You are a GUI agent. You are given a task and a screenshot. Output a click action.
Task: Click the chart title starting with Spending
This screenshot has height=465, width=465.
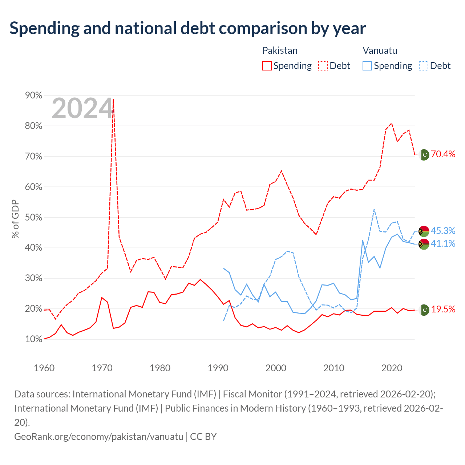(187, 28)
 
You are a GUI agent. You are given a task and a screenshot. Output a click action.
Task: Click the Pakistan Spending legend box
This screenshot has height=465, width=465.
(267, 66)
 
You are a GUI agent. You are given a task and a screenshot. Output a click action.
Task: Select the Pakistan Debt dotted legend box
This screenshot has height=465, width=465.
(323, 66)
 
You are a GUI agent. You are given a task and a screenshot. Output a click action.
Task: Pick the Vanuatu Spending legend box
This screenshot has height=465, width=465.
(367, 66)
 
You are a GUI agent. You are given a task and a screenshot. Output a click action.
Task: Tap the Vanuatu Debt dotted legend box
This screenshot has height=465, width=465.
(423, 66)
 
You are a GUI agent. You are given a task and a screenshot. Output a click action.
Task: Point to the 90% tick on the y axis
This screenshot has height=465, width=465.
(33, 95)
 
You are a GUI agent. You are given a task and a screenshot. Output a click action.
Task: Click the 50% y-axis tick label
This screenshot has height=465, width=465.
(33, 217)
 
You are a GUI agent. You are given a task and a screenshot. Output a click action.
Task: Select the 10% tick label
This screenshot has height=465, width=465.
(33, 339)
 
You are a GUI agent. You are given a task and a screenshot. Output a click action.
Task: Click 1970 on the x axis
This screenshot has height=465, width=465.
(102, 368)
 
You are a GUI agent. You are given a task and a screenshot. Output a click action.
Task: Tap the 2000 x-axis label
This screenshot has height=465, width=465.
(276, 368)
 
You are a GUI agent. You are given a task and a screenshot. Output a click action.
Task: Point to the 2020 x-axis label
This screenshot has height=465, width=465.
(392, 368)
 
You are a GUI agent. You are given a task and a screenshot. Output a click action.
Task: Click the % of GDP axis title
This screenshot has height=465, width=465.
(15, 219)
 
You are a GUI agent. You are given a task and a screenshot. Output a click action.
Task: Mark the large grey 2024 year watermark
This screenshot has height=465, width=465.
(82, 108)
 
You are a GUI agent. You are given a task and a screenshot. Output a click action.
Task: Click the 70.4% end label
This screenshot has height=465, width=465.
(443, 154)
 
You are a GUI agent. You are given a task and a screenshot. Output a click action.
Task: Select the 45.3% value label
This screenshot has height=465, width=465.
(443, 231)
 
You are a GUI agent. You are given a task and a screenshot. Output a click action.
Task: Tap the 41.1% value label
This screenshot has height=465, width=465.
(443, 243)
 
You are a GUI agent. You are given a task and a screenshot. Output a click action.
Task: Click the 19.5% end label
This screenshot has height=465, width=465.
(443, 309)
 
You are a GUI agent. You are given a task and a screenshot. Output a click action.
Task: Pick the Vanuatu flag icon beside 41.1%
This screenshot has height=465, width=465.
(424, 244)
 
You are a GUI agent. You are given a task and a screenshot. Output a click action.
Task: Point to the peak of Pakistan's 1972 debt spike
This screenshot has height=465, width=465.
(113, 99)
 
